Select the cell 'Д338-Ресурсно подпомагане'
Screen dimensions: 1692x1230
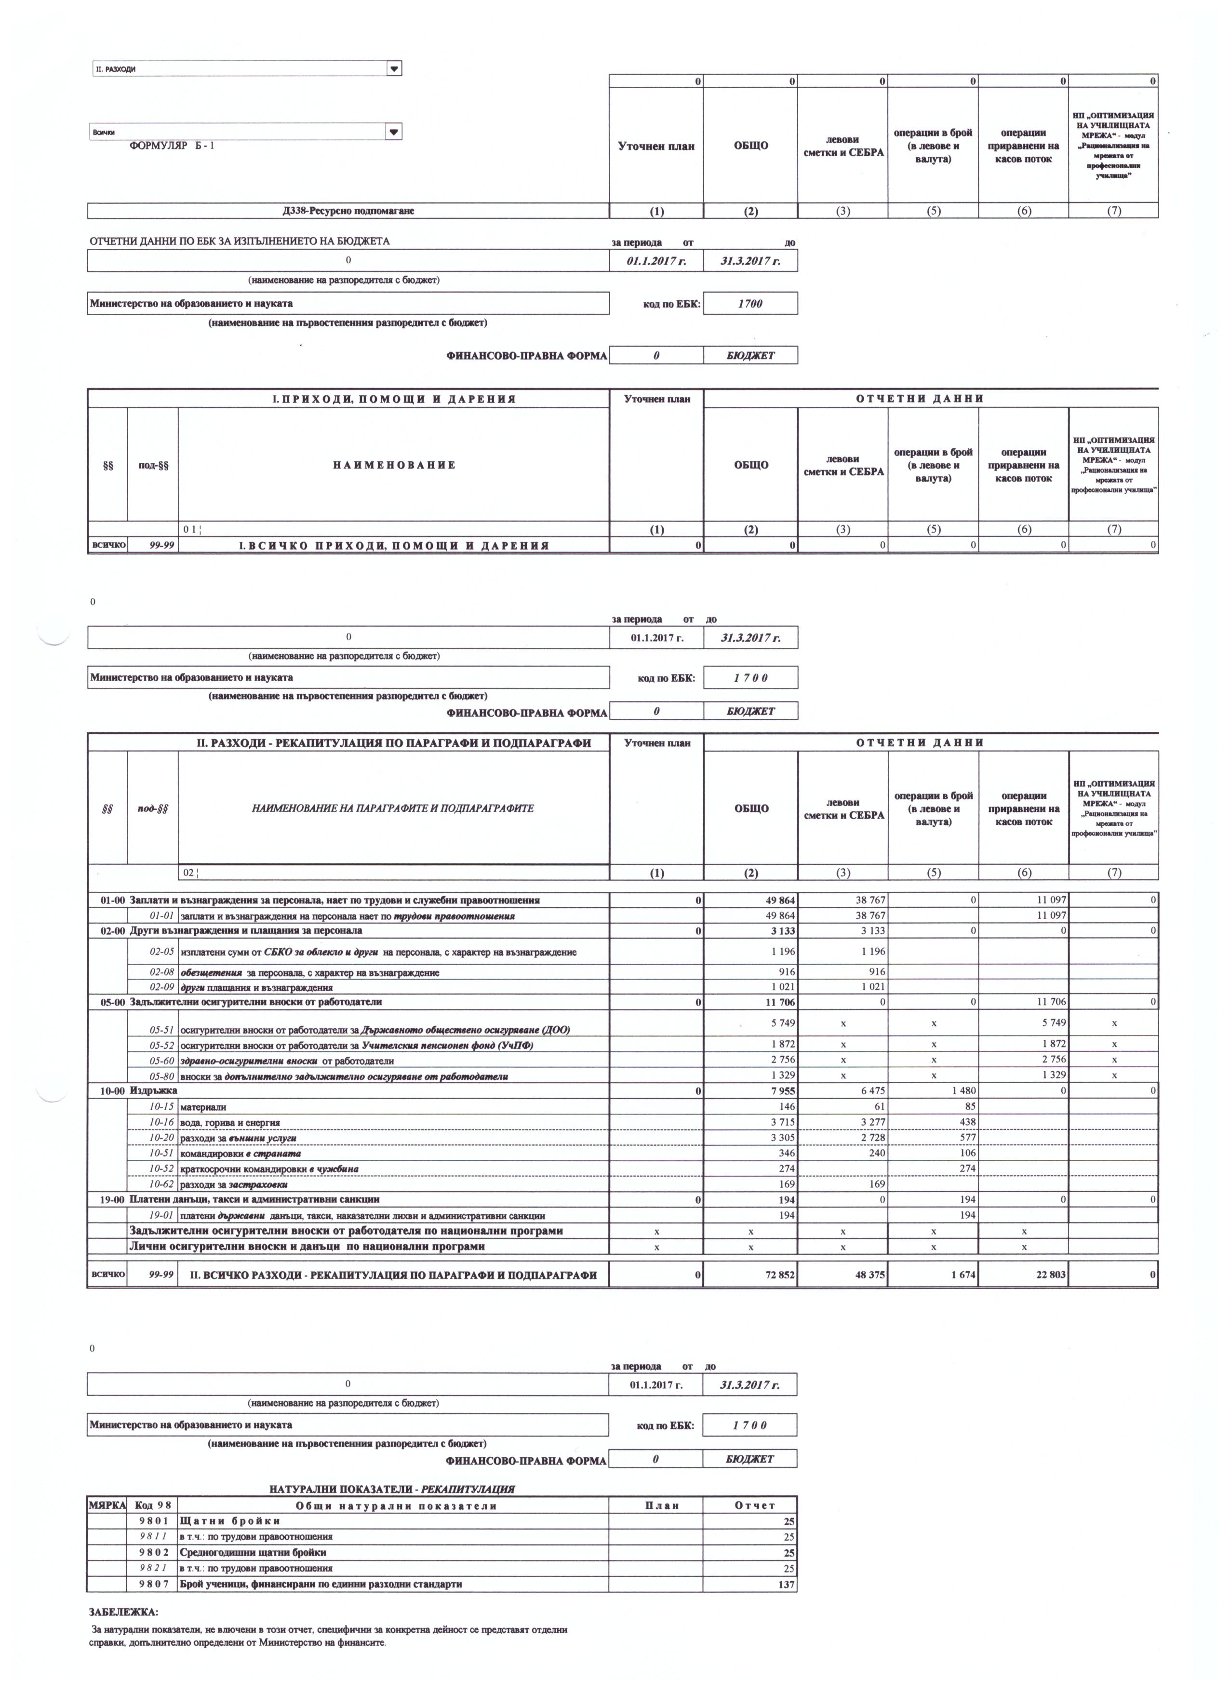348,211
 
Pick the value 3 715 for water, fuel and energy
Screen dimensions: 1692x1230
783,1123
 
